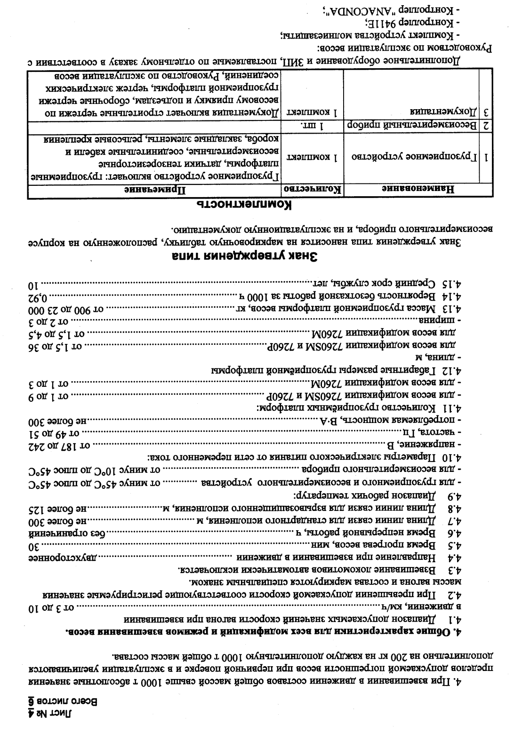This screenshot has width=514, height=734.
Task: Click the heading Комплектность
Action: pos(244,205)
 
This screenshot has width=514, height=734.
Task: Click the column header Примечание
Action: pos(155,190)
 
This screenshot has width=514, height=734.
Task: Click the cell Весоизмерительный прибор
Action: pos(412,125)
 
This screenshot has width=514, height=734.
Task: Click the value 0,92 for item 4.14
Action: pos(39,297)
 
